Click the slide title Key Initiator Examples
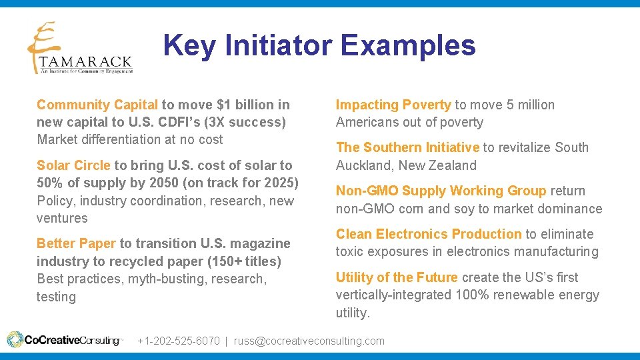click(x=319, y=46)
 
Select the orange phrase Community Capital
click(x=97, y=105)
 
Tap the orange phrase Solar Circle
click(x=73, y=165)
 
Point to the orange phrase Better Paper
click(x=76, y=243)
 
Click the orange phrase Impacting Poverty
click(x=393, y=105)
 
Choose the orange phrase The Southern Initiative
click(x=407, y=147)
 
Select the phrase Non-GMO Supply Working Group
click(x=441, y=191)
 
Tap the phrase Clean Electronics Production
click(x=429, y=234)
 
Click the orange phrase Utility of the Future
click(x=397, y=277)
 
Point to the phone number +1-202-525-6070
click(x=179, y=341)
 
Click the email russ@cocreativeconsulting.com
click(x=309, y=341)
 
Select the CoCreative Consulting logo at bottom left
click(x=65, y=340)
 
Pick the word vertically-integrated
click(x=394, y=295)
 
